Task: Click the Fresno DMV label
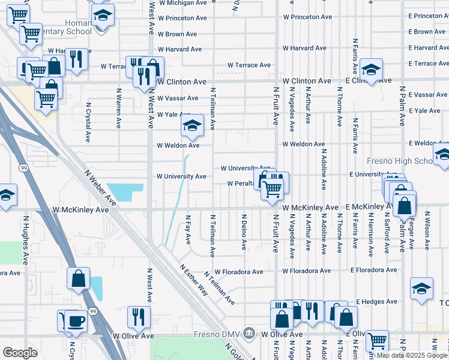(x=218, y=334)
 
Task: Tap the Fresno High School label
(x=400, y=161)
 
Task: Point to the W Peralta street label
(x=241, y=184)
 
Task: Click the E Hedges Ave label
(x=377, y=302)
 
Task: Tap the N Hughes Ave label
(x=26, y=241)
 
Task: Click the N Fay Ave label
(x=188, y=230)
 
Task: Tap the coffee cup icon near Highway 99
(x=76, y=320)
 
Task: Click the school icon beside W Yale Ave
(x=192, y=125)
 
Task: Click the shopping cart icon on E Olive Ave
(x=376, y=341)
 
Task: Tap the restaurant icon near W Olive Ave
(x=139, y=316)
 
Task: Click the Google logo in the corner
(x=20, y=353)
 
